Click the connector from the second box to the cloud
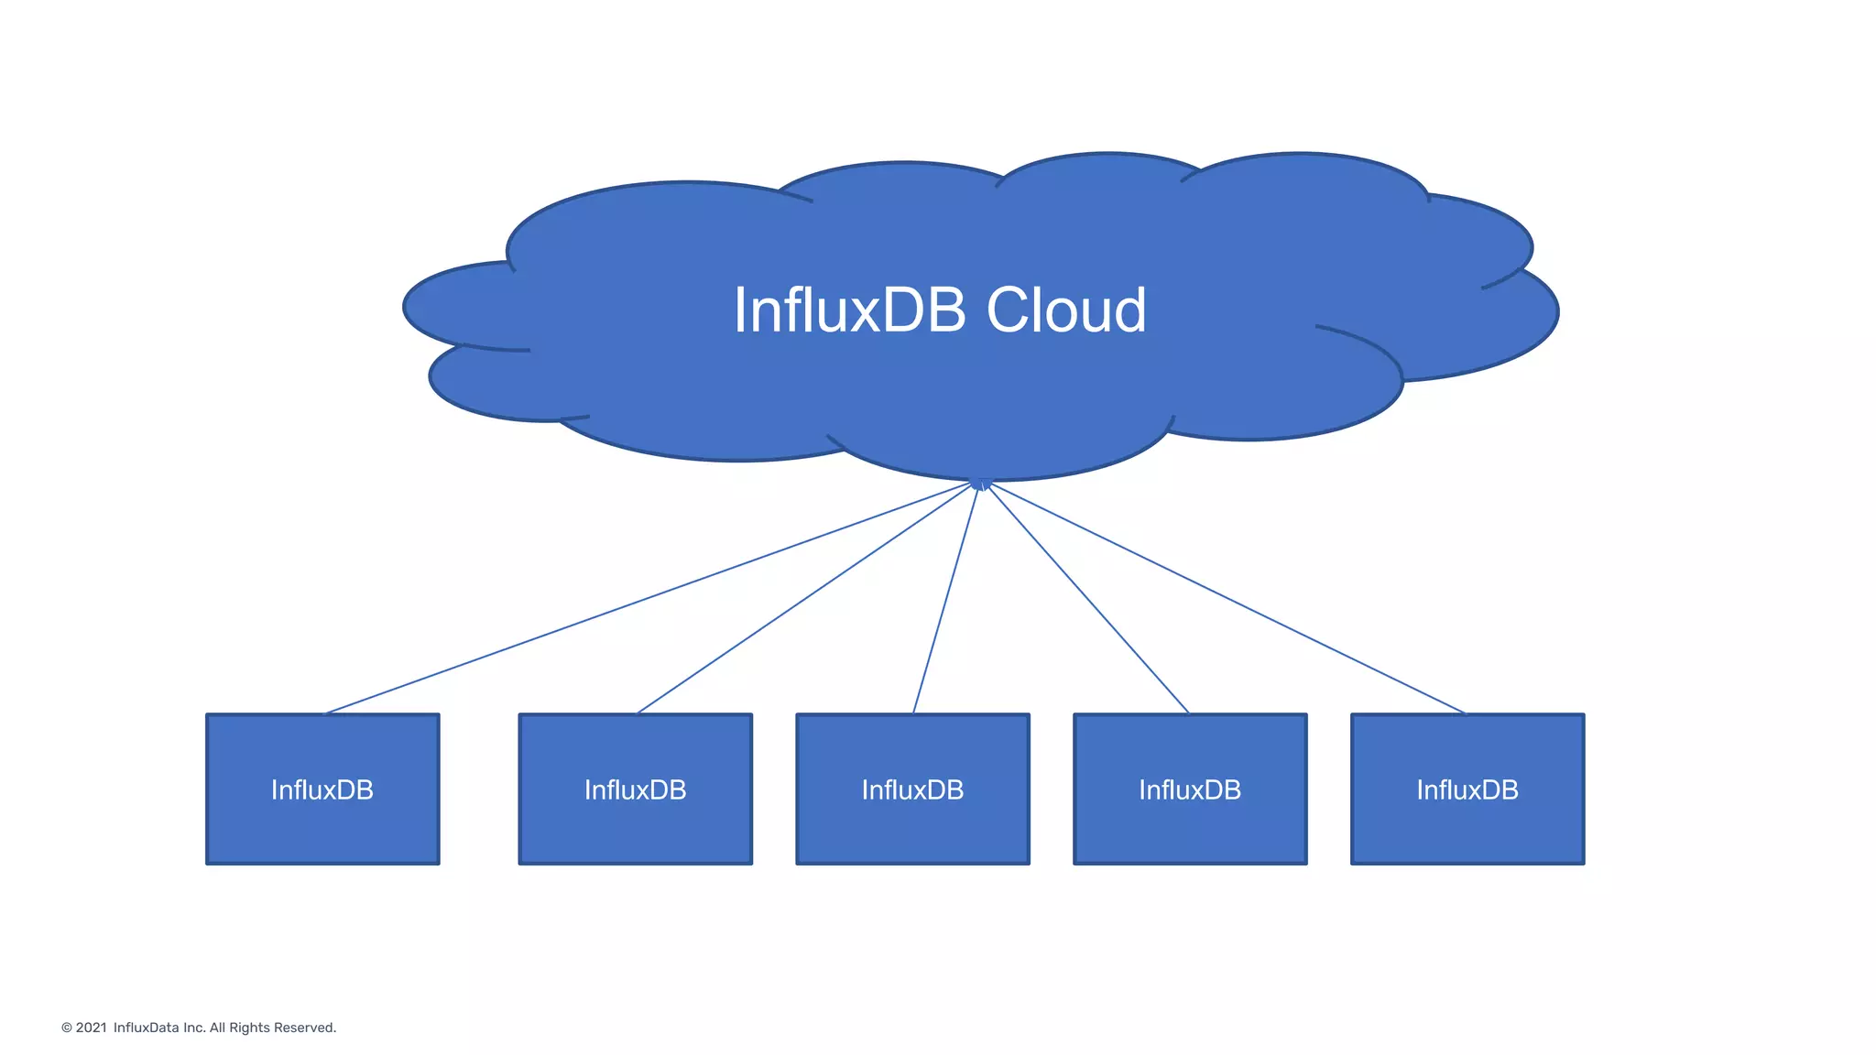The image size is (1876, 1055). (x=806, y=599)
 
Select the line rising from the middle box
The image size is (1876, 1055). (x=946, y=598)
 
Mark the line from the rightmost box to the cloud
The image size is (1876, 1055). (x=1223, y=598)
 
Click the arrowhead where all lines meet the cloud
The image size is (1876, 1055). (x=980, y=484)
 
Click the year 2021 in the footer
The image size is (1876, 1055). (x=91, y=1028)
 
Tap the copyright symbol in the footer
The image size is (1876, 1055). (x=67, y=1028)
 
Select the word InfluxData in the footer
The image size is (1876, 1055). (x=146, y=1028)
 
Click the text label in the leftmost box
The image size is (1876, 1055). (x=322, y=789)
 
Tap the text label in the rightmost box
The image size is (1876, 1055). (x=1467, y=789)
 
